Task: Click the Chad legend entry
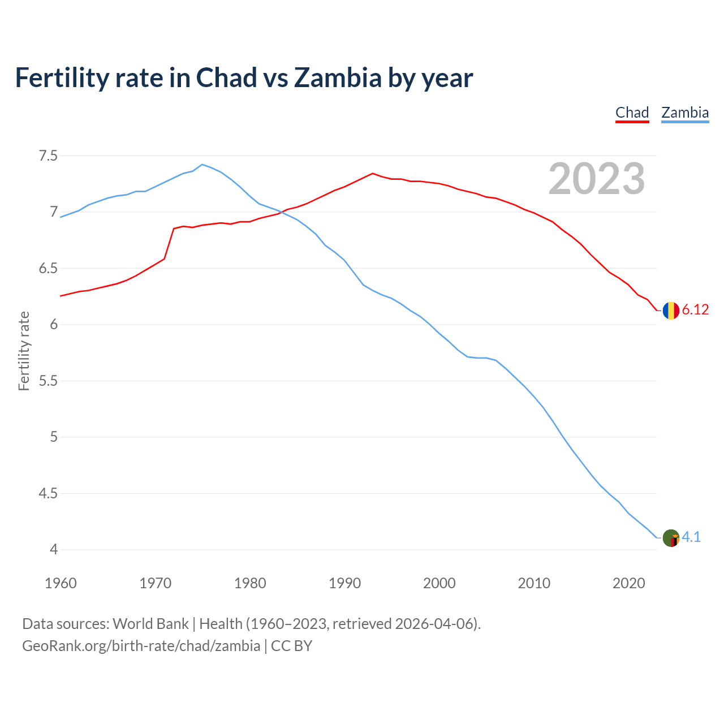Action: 632,113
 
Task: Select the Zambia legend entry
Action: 685,113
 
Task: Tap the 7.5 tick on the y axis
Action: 48,156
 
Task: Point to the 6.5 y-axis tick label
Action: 48,268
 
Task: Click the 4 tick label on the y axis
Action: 54,549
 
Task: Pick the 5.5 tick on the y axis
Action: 48,381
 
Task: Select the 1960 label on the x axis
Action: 61,583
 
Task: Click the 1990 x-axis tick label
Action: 344,583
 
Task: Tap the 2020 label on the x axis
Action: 628,583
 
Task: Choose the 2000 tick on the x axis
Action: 439,583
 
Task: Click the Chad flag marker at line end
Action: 671,311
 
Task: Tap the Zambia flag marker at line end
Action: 671,538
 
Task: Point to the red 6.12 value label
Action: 695,309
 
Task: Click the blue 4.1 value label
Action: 691,537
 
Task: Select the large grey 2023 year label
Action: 597,179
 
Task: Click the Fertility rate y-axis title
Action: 24,351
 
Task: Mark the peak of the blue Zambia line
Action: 202,165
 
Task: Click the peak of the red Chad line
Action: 372,174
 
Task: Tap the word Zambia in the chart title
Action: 338,78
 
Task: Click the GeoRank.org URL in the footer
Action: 141,645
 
